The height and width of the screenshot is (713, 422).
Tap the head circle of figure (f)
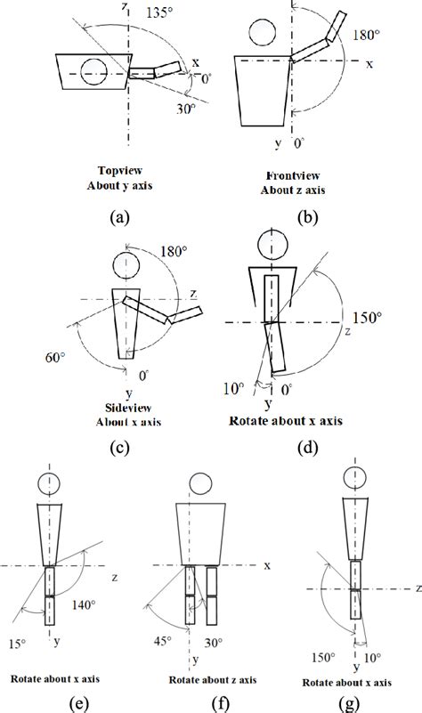[200, 484]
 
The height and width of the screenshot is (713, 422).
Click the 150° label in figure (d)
[366, 315]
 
